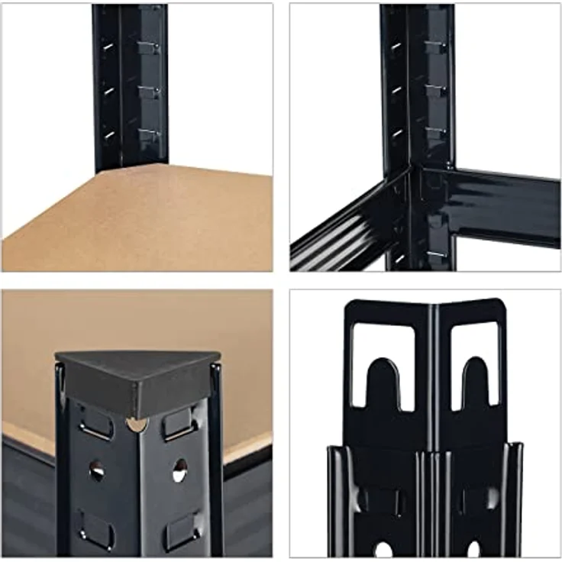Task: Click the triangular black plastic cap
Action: click(x=137, y=382)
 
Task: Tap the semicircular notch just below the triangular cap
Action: click(x=137, y=423)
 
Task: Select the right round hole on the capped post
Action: click(x=179, y=470)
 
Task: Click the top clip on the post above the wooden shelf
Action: click(x=149, y=48)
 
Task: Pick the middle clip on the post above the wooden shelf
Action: click(x=149, y=92)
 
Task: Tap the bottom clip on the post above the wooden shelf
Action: click(x=149, y=136)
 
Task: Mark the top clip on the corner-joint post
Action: click(x=435, y=47)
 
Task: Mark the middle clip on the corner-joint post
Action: click(x=435, y=90)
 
